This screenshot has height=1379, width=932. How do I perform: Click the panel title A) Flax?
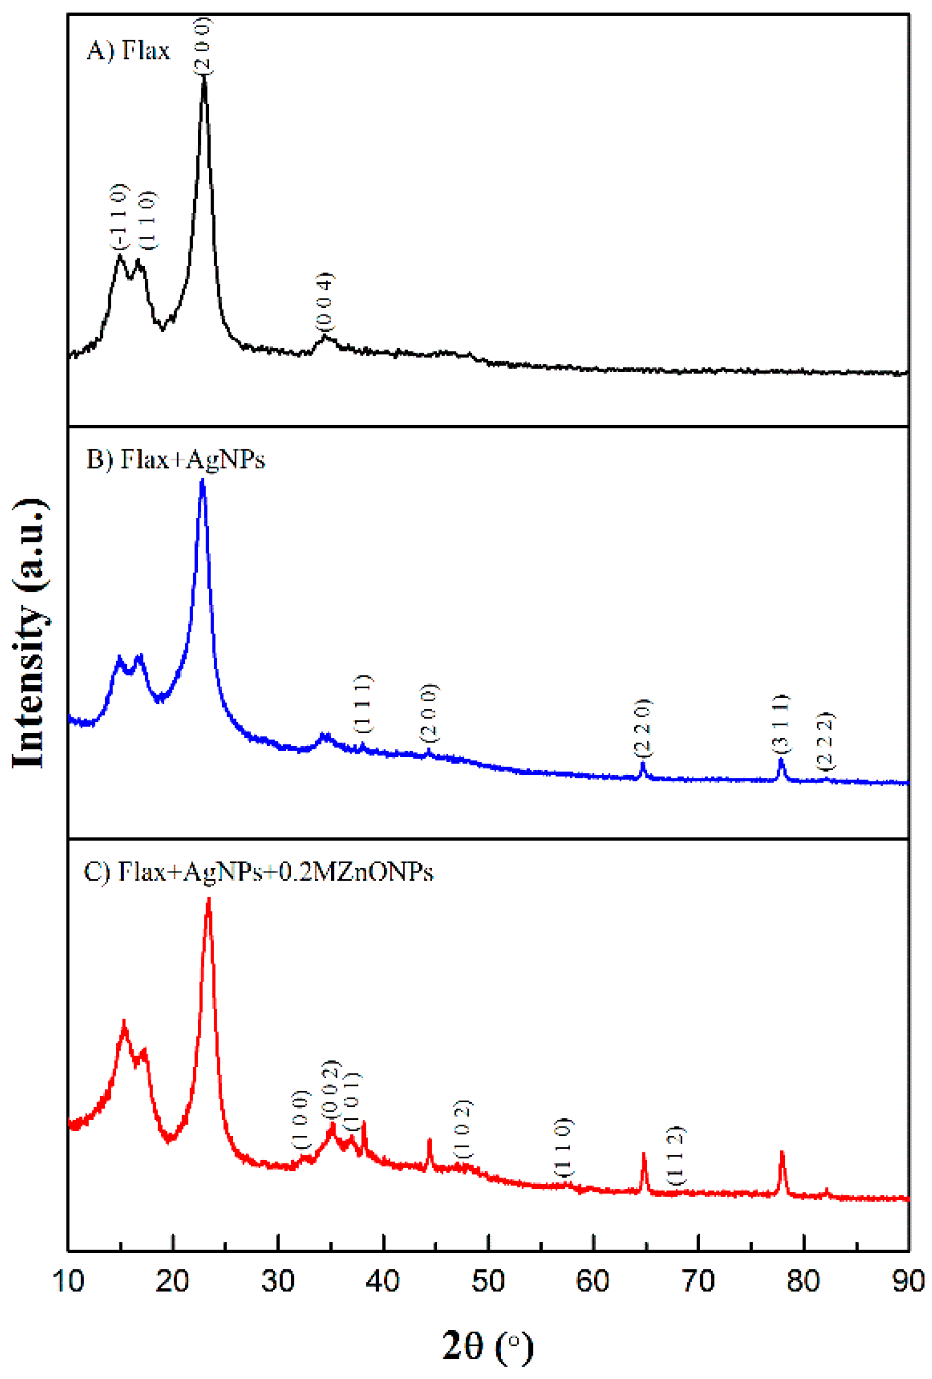(128, 51)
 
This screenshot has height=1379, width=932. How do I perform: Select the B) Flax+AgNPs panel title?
(175, 460)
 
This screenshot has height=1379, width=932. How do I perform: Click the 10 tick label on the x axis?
(68, 1281)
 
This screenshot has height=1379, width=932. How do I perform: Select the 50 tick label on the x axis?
(487, 1281)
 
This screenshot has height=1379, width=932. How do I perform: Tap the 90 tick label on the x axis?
(908, 1281)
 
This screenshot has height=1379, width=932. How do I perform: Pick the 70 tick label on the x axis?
(698, 1281)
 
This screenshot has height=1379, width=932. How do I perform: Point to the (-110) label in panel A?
(120, 217)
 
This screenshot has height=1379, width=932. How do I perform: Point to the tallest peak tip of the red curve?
(208, 900)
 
